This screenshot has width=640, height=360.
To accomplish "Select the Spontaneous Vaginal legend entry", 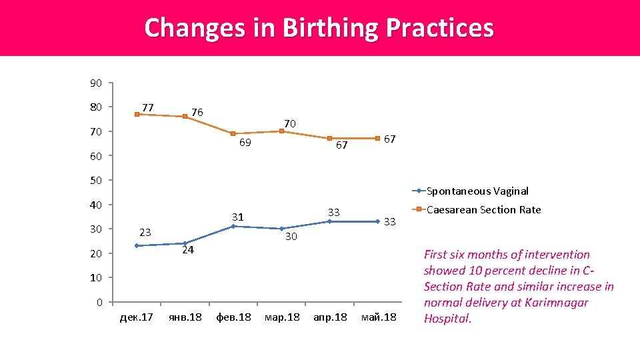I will (477, 191).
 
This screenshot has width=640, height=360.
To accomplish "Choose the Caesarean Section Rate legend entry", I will (483, 210).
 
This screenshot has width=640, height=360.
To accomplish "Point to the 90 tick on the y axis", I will (96, 83).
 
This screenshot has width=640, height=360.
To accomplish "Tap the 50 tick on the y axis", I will (96, 181).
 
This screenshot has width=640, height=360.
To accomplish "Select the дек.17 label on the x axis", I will (137, 317).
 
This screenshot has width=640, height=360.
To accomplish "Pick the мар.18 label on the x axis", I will (282, 317).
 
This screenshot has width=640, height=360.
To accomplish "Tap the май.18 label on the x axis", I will (378, 317).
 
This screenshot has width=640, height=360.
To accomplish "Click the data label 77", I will (148, 107).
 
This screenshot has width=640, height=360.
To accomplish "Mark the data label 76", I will (197, 111).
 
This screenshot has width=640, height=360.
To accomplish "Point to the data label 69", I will (245, 143).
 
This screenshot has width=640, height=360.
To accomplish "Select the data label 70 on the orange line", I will (289, 123).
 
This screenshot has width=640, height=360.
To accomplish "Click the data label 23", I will (145, 232).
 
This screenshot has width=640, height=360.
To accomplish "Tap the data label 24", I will (188, 251).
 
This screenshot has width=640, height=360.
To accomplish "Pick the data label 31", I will (238, 217).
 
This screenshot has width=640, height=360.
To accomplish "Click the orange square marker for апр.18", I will (329, 138).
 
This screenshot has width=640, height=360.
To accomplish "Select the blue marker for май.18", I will (377, 221).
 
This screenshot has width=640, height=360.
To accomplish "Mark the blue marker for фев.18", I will (233, 227).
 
